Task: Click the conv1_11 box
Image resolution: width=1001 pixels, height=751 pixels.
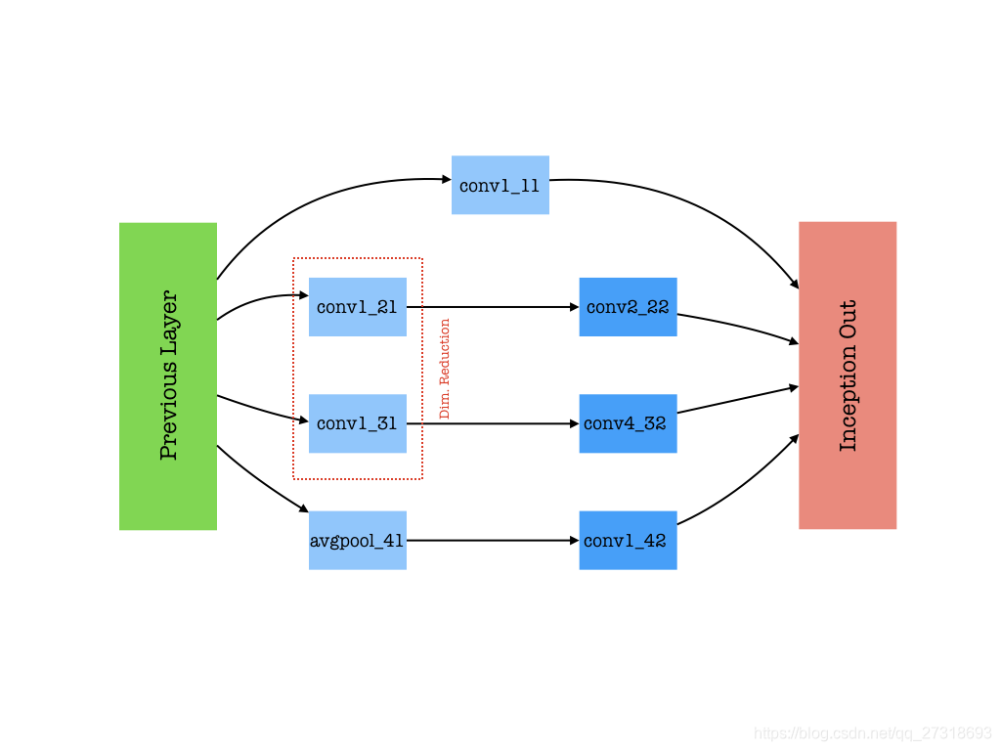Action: tap(500, 185)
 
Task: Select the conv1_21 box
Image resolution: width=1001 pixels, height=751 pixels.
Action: tap(357, 307)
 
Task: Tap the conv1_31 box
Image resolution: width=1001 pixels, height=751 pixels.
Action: tap(357, 423)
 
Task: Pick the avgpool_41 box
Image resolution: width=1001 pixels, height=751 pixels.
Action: tap(357, 540)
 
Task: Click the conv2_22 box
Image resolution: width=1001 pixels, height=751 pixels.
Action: tap(628, 307)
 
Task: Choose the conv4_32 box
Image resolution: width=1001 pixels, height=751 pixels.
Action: tap(628, 423)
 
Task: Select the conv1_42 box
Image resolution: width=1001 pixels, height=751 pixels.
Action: tap(628, 540)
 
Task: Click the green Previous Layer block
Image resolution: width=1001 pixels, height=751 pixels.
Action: tap(168, 376)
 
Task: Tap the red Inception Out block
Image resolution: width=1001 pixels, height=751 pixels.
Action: tap(848, 375)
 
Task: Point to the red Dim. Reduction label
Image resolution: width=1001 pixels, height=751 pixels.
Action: tap(445, 369)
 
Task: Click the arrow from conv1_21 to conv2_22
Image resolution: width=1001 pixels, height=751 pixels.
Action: tap(493, 307)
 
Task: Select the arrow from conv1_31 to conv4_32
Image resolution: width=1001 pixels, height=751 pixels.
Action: tap(493, 423)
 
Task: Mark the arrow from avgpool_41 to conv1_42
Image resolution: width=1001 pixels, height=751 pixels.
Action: tap(493, 540)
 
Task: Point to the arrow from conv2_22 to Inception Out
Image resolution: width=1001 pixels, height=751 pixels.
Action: tap(738, 327)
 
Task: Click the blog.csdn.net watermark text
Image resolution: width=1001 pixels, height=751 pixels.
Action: tap(873, 732)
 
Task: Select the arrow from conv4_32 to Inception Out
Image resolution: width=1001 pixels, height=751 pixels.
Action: tap(738, 399)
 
